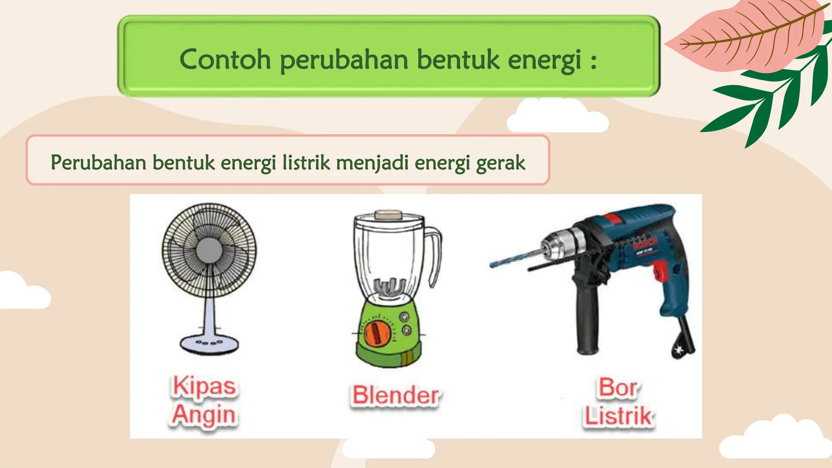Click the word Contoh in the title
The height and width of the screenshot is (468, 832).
(x=225, y=59)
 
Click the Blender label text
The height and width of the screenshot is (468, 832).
(x=395, y=395)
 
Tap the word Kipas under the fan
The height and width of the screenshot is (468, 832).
(x=204, y=386)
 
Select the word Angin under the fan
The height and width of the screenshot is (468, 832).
(x=204, y=415)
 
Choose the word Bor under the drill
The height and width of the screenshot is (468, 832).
(x=618, y=388)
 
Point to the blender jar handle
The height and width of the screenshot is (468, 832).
(x=435, y=256)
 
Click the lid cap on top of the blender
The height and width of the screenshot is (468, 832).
(x=388, y=214)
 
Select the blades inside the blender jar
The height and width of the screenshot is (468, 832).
(x=390, y=287)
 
